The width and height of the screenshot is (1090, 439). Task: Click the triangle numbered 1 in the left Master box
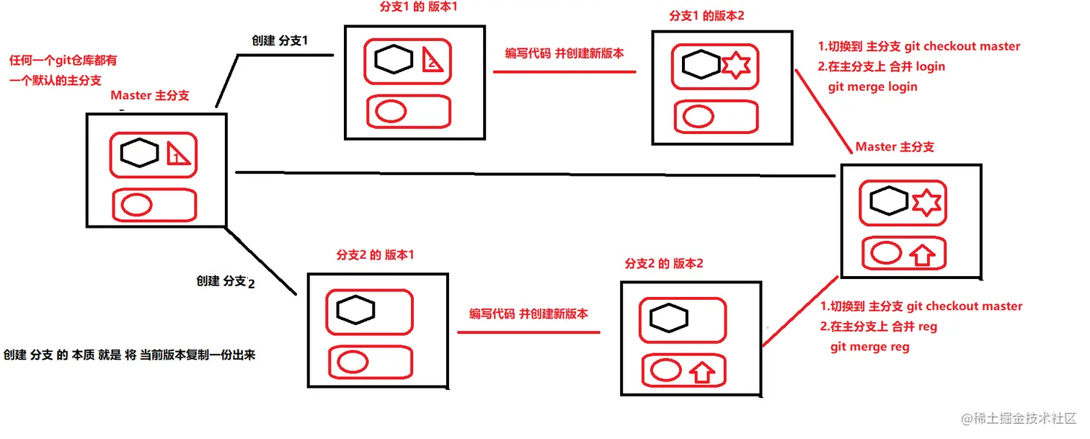pyautogui.click(x=177, y=155)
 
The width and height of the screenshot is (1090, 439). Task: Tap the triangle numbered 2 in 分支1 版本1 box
pyautogui.click(x=433, y=61)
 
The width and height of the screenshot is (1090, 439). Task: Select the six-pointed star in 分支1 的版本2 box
pyautogui.click(x=736, y=66)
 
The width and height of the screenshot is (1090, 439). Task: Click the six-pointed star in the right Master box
pyautogui.click(x=926, y=203)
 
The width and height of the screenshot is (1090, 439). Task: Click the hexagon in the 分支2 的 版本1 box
pyautogui.click(x=355, y=310)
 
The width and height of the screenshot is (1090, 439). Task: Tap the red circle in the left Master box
pyautogui.click(x=137, y=205)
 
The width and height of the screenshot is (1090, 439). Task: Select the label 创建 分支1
pyautogui.click(x=280, y=40)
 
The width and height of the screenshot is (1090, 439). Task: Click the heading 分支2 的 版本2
pyautogui.click(x=664, y=264)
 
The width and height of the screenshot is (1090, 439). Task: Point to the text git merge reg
pyautogui.click(x=869, y=347)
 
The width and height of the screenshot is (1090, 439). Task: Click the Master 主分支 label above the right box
pyautogui.click(x=894, y=147)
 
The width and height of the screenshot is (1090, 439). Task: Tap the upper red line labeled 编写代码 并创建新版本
pyautogui.click(x=564, y=71)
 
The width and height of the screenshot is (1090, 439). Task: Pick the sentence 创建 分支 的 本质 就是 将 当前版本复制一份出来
pyautogui.click(x=130, y=355)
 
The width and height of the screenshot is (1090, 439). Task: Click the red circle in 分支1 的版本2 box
pyautogui.click(x=699, y=116)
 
